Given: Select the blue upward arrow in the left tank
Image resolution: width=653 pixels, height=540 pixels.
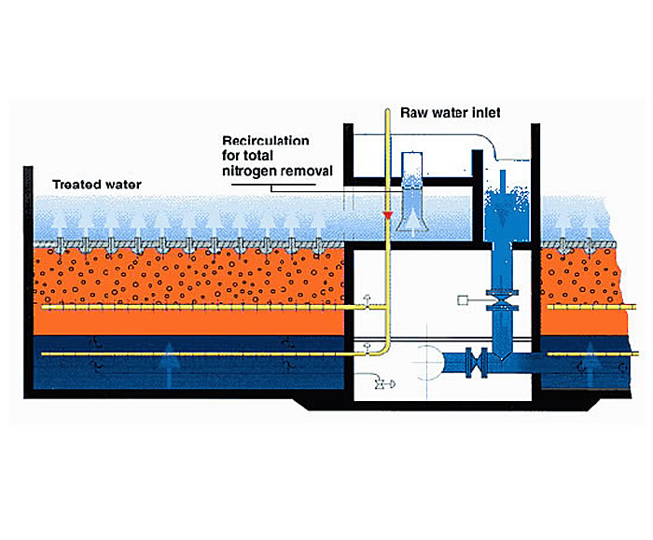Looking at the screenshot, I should click(x=169, y=356).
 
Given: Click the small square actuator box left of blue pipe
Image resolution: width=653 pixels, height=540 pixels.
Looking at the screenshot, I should click(x=463, y=300).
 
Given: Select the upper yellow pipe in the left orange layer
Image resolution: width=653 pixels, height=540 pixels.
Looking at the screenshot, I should click(x=187, y=306).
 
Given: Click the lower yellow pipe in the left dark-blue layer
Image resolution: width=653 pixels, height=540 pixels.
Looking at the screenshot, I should click(x=187, y=354).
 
